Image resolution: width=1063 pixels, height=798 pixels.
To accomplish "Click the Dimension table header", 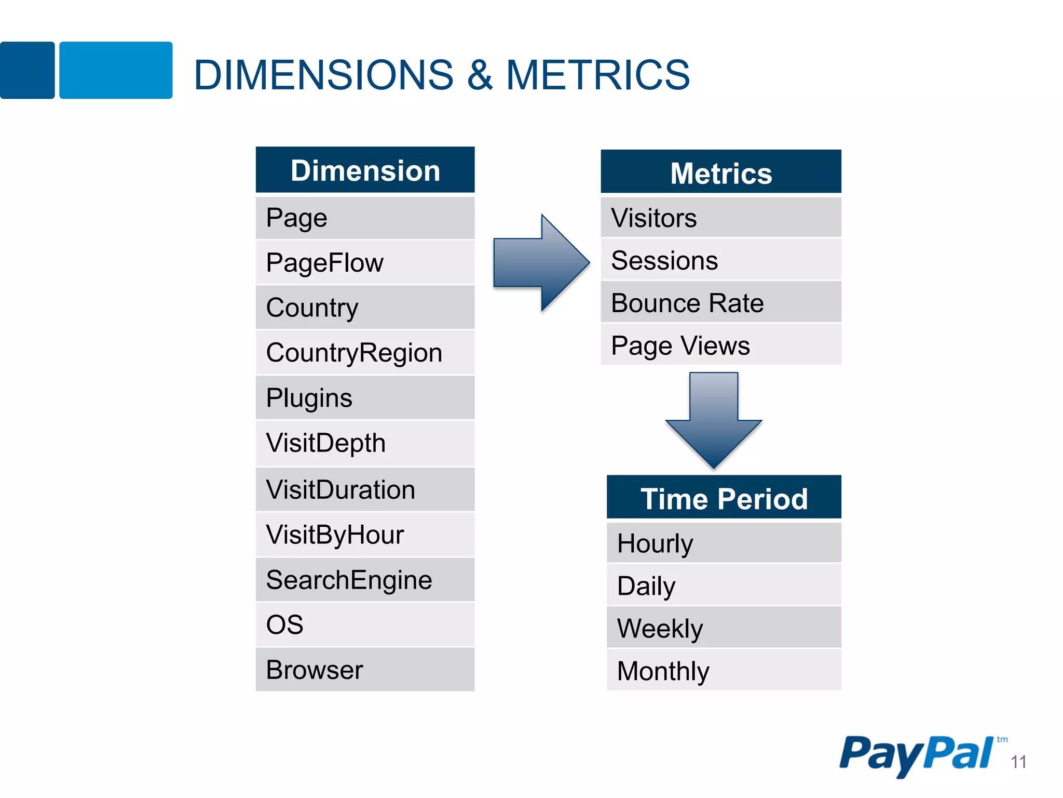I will [x=365, y=170].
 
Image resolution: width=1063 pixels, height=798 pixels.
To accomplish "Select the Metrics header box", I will [x=720, y=172].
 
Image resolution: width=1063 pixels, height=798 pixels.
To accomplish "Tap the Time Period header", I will [x=724, y=498].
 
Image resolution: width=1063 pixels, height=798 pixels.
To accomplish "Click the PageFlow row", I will [x=365, y=262].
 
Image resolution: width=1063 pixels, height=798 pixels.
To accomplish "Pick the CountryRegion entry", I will [x=365, y=353].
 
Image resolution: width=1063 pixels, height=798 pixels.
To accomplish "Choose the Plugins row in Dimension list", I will [x=365, y=398].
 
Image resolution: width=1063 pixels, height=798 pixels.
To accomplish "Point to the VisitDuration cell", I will [x=365, y=489].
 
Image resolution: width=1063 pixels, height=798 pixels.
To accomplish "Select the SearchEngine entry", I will [x=365, y=580].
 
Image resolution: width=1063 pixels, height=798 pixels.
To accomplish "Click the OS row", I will [x=365, y=624].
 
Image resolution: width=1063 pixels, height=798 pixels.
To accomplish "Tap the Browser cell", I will [x=365, y=670].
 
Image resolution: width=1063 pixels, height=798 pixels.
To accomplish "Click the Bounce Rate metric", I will [x=720, y=303].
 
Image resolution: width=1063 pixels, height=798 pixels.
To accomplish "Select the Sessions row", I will [x=720, y=260].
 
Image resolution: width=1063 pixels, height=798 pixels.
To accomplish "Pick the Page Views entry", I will [x=720, y=345].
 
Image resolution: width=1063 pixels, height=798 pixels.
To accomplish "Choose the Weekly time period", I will [x=724, y=628].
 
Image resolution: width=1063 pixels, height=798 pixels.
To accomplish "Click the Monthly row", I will [x=724, y=671].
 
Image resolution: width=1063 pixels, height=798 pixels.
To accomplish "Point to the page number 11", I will [x=1018, y=762].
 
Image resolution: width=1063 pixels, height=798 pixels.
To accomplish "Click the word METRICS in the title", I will [x=597, y=75].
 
